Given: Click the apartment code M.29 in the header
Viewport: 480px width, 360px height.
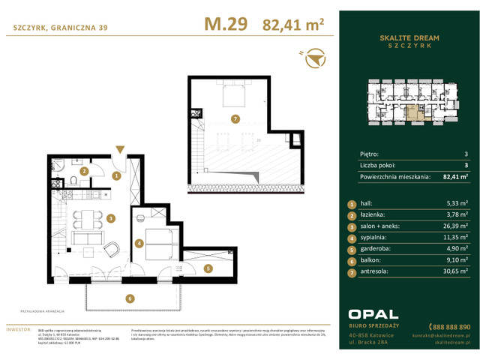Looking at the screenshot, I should pyautogui.click(x=225, y=25).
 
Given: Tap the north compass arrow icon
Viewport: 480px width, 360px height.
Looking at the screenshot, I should pyautogui.click(x=316, y=57).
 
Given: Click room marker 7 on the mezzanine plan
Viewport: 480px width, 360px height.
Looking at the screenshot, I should pyautogui.click(x=235, y=119).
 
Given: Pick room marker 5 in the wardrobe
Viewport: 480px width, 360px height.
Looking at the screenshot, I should pyautogui.click(x=209, y=268).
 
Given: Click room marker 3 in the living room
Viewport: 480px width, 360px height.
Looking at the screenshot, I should pyautogui.click(x=109, y=219).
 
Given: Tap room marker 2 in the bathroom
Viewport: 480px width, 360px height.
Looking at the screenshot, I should pyautogui.click(x=85, y=171).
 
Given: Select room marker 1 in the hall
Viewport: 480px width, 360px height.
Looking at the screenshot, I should pyautogui.click(x=116, y=176).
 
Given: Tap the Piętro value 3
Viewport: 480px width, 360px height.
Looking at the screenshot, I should pyautogui.click(x=466, y=153).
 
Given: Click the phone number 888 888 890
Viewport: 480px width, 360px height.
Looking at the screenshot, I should pyautogui.click(x=450, y=327).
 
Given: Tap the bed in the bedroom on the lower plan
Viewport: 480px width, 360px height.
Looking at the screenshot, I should pyautogui.click(x=160, y=241).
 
